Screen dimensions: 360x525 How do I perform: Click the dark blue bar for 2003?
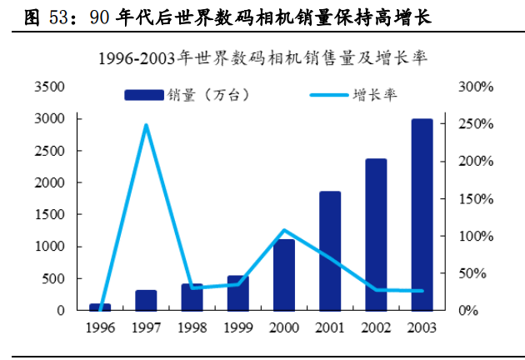pos(422,215)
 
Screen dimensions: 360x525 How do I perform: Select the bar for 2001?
pos(330,251)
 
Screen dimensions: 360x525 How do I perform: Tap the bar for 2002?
pos(376,234)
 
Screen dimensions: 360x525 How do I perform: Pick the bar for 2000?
pos(284,275)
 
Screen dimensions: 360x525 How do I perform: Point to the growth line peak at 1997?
pos(147,126)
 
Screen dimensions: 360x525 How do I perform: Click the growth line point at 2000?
pos(284,230)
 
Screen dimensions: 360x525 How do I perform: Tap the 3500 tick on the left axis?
pos(51,87)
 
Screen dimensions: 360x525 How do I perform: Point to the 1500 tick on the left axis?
pos(51,214)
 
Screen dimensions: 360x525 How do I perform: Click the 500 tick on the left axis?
pos(54,278)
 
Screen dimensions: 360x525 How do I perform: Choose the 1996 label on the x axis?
pos(100,327)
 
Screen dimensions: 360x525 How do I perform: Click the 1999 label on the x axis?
pos(238,327)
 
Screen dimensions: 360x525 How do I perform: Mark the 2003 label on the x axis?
pos(422,327)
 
